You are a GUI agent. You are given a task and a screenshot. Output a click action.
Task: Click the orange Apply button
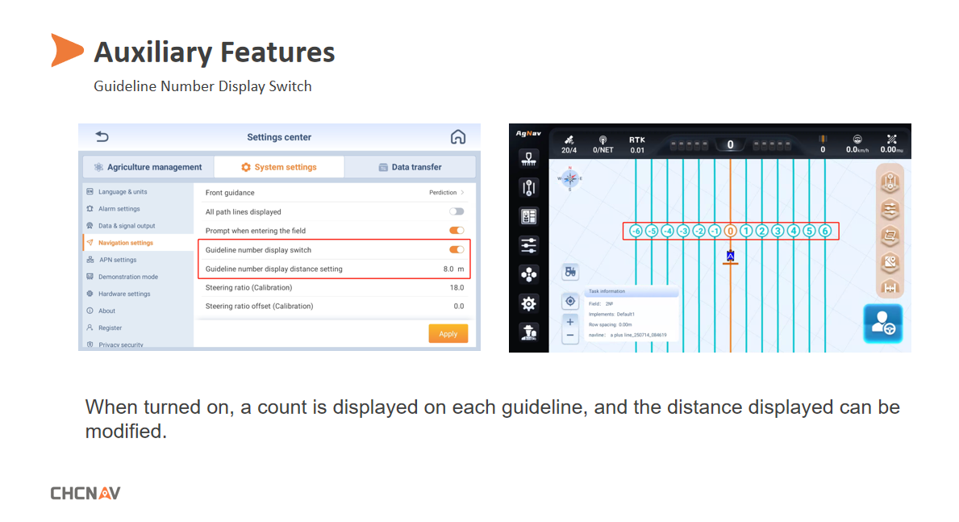[x=448, y=333]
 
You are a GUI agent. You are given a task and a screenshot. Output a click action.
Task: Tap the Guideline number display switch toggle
[x=457, y=250]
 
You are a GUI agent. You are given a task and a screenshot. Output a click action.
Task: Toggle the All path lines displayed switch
[x=457, y=211]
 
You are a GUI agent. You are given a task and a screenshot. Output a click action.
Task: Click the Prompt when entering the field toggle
[x=457, y=231]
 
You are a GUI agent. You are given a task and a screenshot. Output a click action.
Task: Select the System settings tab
[x=279, y=167]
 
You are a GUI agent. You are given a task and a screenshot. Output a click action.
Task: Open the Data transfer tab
[x=410, y=167]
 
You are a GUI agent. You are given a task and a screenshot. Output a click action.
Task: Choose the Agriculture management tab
[x=148, y=167]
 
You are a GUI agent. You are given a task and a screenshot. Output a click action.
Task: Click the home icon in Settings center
[x=458, y=137]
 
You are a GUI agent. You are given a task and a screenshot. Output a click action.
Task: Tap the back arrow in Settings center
[x=102, y=137]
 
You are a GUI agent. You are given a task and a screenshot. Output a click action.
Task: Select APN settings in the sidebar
[x=117, y=260]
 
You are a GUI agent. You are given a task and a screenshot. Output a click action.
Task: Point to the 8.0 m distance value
[x=453, y=269]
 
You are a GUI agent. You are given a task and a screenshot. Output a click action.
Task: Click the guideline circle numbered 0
[x=730, y=231]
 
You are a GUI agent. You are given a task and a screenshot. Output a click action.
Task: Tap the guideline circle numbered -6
[x=636, y=231]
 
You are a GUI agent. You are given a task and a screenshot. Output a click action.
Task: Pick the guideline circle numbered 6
[x=824, y=231]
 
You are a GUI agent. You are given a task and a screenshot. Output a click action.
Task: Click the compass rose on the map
[x=570, y=178]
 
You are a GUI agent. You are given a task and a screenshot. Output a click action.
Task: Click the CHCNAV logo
[x=85, y=493]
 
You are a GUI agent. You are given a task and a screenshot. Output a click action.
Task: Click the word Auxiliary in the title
[x=152, y=52]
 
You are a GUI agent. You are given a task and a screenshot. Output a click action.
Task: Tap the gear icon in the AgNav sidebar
[x=528, y=303]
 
